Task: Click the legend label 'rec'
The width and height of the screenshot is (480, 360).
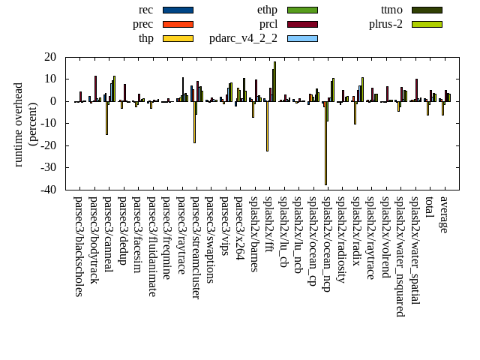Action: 145,10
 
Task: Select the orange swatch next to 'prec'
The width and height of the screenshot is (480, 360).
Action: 178,24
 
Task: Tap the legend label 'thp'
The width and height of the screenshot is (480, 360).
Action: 145,38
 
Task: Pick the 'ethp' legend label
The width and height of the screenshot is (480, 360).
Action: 267,10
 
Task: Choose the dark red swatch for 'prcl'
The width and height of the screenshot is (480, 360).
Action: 302,24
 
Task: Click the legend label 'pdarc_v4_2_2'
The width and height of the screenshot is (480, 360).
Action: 243,38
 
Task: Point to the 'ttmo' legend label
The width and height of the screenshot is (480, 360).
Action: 391,10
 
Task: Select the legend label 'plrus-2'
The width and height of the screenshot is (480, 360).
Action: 385,24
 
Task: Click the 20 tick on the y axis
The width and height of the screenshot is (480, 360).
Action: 51,57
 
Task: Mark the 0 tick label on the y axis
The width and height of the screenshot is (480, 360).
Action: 55,101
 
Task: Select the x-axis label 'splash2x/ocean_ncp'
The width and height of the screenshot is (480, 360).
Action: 327,243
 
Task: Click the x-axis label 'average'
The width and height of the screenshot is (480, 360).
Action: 444,214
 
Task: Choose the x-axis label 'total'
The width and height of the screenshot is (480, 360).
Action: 429,208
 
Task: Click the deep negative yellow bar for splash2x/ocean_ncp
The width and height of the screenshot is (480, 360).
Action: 325,142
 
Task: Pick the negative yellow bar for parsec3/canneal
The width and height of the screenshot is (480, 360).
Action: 106,118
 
